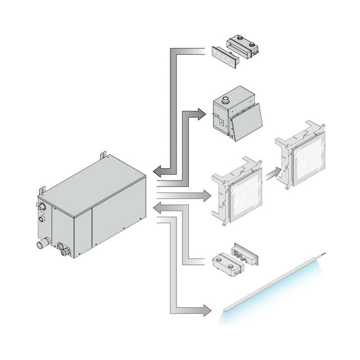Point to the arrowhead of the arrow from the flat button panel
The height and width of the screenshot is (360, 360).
(x=159, y=171)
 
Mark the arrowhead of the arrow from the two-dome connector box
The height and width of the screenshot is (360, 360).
(x=159, y=207)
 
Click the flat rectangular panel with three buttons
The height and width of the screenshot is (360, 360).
(x=224, y=58)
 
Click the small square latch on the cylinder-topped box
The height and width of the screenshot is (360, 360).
(x=220, y=121)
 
